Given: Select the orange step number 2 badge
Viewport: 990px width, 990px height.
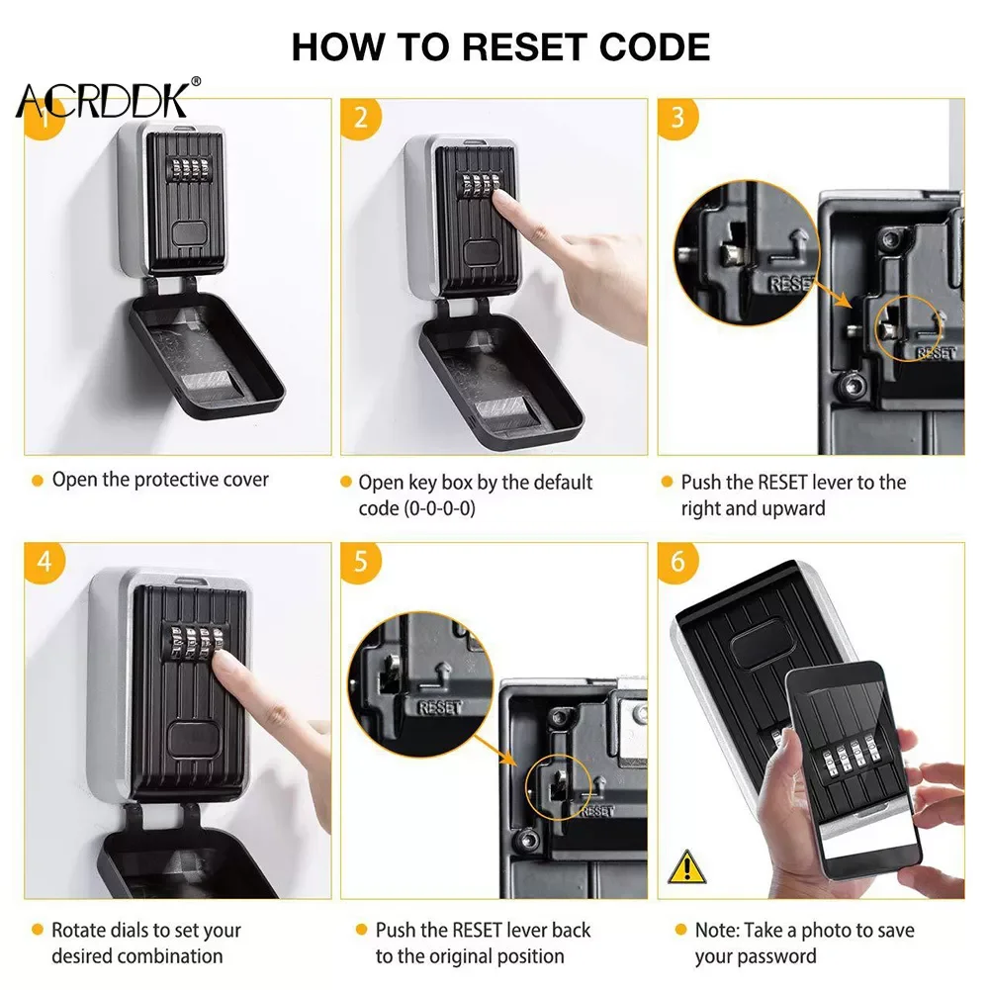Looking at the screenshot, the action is coord(361,118).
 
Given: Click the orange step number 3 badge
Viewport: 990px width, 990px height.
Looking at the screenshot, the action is coord(677,118).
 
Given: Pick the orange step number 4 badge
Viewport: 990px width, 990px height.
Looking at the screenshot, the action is coord(45,562).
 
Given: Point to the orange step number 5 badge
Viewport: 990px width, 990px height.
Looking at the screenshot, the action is coord(361,562).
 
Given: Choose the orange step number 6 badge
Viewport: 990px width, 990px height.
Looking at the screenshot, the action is coord(677,562).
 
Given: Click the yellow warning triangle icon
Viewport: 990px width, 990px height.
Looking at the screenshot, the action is coord(687,866).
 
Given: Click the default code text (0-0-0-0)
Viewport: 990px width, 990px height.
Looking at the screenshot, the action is coord(416,508).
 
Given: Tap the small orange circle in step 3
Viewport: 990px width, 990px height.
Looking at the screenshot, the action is coord(907,328).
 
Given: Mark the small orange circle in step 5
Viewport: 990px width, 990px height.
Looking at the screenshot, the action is coord(558,787).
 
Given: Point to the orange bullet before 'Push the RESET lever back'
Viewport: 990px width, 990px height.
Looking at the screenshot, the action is coord(362,930).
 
